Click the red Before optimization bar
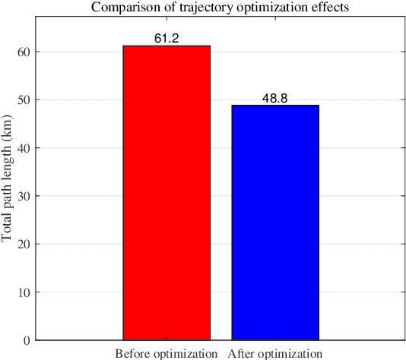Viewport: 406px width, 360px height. (x=167, y=193)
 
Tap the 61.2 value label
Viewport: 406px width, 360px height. (x=167, y=38)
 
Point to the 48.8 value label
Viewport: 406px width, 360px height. (x=275, y=98)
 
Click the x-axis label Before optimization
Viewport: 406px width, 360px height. (x=167, y=353)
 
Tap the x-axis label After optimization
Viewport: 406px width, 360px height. (x=275, y=353)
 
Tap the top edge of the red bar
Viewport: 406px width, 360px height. (x=167, y=46)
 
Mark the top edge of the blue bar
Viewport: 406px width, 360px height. (x=275, y=106)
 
